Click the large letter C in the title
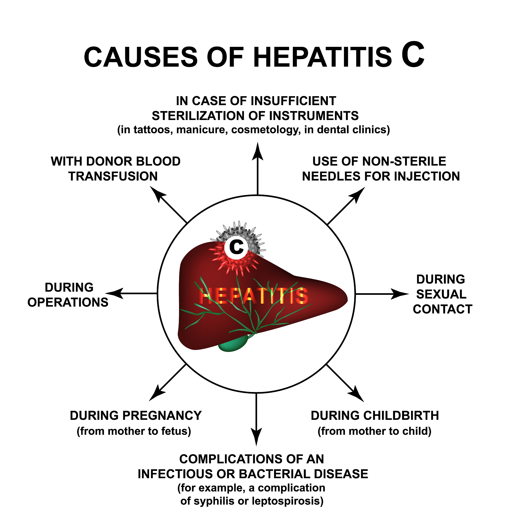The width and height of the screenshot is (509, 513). (x=413, y=55)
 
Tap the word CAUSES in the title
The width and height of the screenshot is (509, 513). (x=141, y=57)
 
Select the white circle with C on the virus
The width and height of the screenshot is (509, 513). (x=236, y=247)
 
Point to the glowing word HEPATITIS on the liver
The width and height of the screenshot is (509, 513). (x=253, y=296)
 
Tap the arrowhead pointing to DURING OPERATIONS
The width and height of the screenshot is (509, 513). (x=114, y=293)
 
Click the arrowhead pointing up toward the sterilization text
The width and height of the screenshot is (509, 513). (x=258, y=151)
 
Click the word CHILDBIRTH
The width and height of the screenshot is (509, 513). (x=401, y=416)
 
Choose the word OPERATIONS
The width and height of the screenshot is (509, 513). (x=68, y=302)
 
